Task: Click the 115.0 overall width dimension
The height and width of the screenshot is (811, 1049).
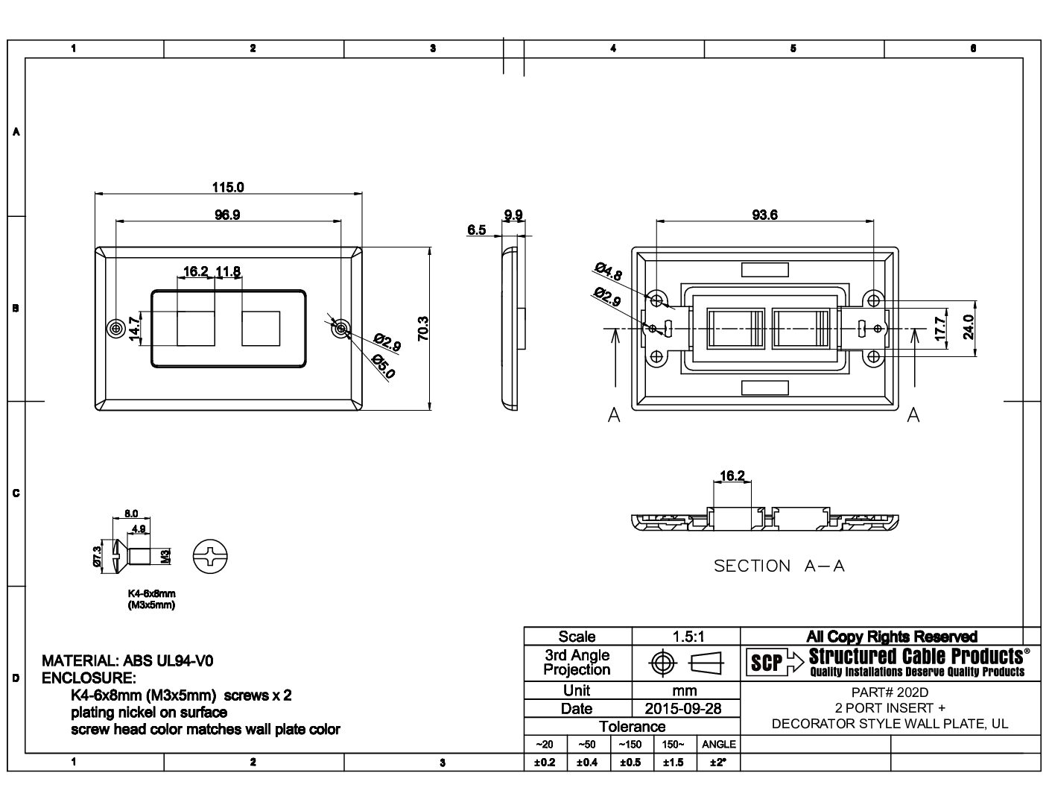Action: tap(228, 187)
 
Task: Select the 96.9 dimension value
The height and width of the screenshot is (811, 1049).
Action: tap(227, 215)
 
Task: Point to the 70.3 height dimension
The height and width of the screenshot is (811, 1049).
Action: tap(422, 329)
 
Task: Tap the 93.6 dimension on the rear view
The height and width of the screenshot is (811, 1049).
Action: tap(764, 215)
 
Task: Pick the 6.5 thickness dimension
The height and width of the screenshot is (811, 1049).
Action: tap(476, 230)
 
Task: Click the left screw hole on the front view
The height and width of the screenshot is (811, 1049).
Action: tap(115, 329)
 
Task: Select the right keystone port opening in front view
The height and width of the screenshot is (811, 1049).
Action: tap(261, 328)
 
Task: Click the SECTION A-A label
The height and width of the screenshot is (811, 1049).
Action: tap(779, 566)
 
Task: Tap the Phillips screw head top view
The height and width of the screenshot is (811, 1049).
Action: tap(211, 556)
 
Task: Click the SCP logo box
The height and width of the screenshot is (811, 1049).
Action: tap(766, 663)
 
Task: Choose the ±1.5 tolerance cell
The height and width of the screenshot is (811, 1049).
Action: tap(674, 763)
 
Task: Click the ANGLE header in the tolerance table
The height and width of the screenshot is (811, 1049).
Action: tap(718, 744)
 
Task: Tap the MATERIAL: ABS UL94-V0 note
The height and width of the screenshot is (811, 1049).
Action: tap(132, 661)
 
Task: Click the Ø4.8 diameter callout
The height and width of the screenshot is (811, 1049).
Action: tap(608, 270)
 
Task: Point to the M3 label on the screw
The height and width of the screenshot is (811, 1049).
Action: tap(165, 556)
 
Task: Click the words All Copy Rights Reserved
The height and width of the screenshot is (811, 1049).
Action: tap(891, 637)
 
